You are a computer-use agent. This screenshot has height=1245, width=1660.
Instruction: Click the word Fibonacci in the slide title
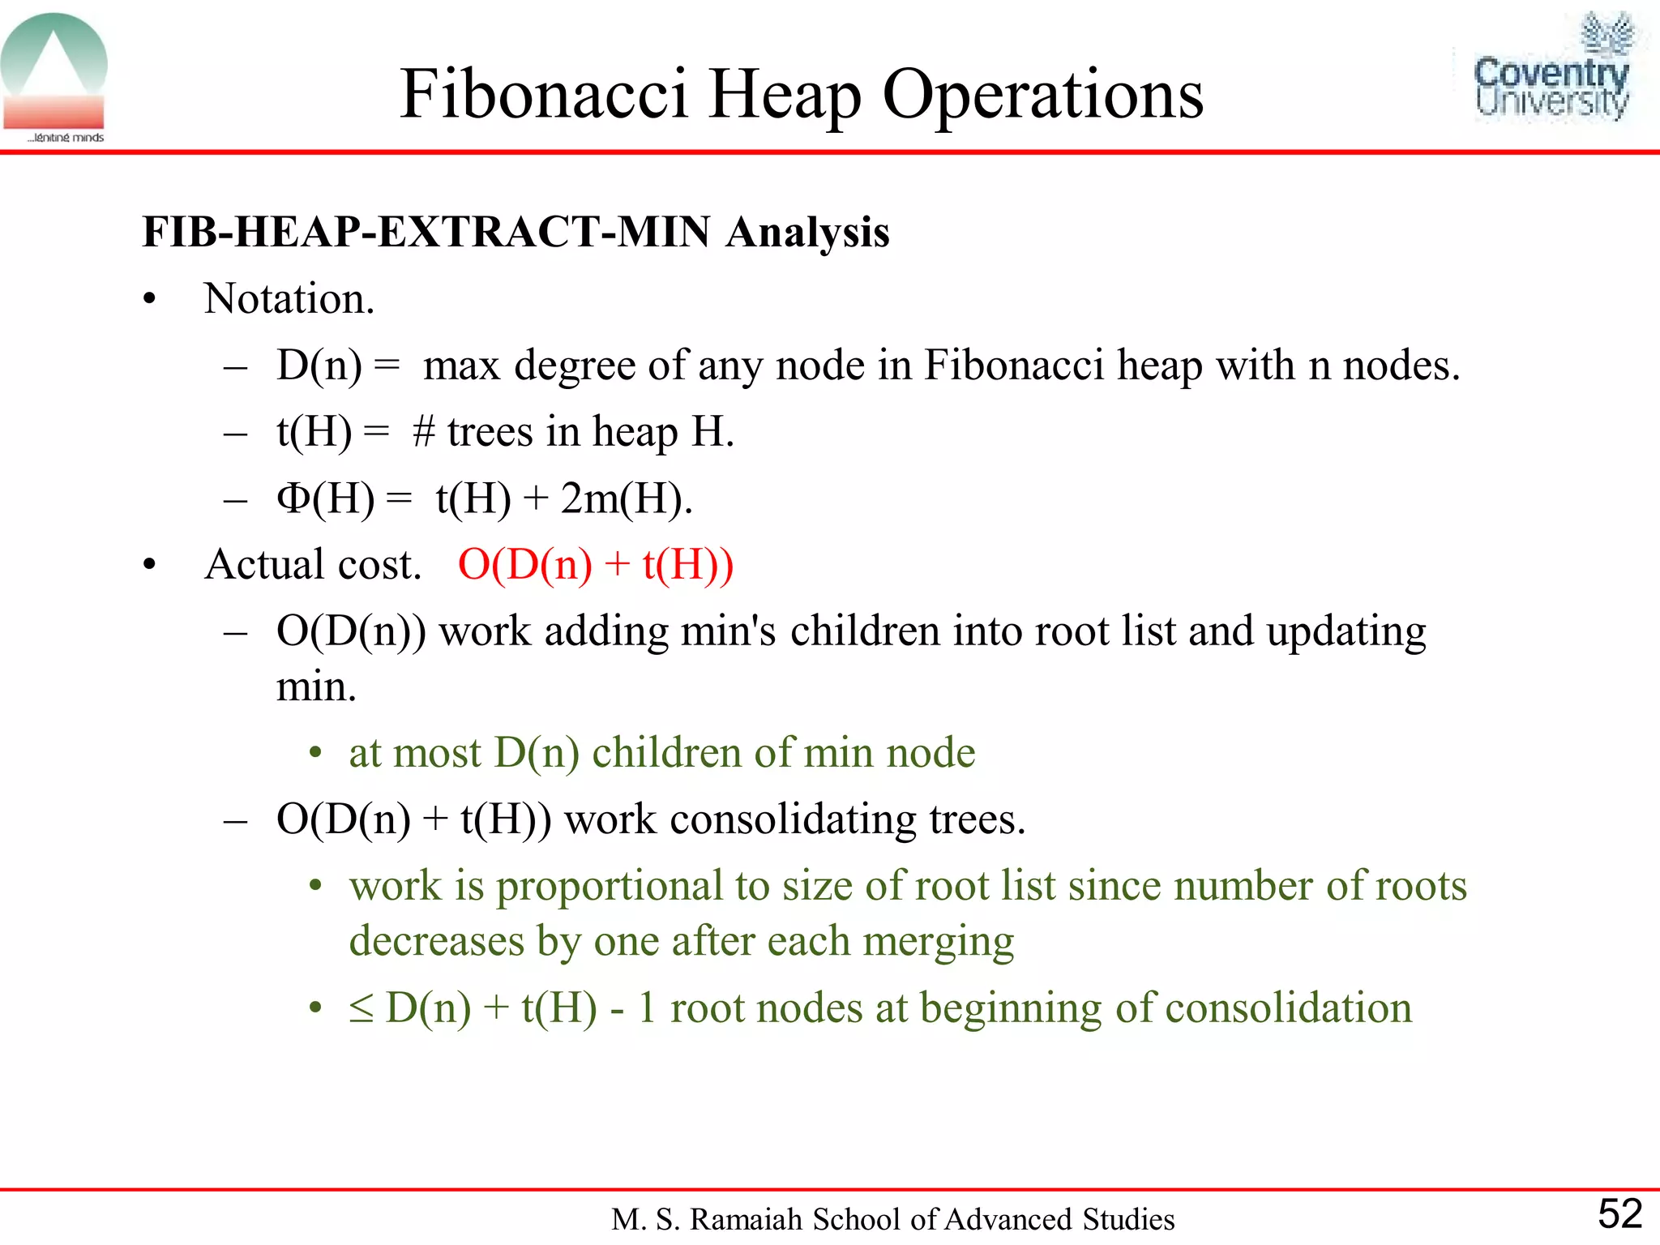click(x=544, y=95)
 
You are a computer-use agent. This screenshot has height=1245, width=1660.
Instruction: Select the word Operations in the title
click(x=1042, y=95)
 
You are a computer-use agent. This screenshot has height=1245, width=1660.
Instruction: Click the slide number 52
click(x=1619, y=1213)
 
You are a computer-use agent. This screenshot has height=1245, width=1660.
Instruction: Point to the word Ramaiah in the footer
click(x=747, y=1219)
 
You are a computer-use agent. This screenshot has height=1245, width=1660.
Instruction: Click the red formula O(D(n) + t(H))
click(x=596, y=564)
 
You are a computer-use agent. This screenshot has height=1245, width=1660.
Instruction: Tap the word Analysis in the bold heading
click(x=807, y=233)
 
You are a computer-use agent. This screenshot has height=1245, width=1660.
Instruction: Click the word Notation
click(x=289, y=299)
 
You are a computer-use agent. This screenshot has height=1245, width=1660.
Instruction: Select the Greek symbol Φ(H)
click(x=325, y=498)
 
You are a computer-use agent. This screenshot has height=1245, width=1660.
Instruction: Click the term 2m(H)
click(x=626, y=498)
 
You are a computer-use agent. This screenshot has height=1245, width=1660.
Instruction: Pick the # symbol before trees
click(x=424, y=431)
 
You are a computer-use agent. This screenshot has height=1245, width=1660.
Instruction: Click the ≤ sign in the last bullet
click(x=362, y=1008)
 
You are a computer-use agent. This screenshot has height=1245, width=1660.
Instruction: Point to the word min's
click(x=728, y=631)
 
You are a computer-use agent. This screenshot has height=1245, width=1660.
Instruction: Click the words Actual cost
click(x=313, y=564)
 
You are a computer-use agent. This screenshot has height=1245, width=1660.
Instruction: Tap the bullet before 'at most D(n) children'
click(x=316, y=754)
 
